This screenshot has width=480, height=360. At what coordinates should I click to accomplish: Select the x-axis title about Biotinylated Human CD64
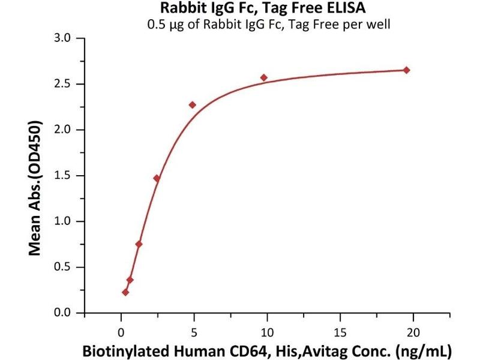268,349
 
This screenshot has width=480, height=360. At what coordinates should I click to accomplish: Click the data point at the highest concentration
407,70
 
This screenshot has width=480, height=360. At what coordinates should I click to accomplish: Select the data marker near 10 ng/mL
264,77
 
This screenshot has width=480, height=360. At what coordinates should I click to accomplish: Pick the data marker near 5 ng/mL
193,105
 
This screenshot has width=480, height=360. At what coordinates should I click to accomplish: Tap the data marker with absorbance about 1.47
157,178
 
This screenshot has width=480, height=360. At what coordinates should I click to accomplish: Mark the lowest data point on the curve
125,292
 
